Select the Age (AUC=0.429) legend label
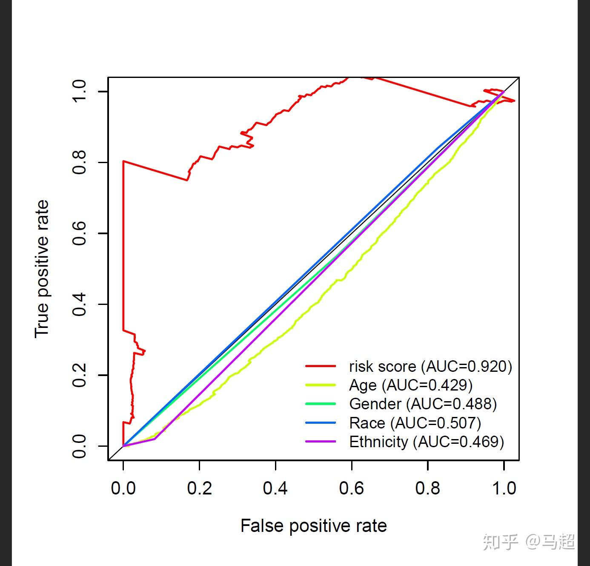coord(411,385)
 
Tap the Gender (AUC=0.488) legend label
coord(423,404)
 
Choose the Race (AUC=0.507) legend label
coord(415,423)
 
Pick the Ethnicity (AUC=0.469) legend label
coord(427,442)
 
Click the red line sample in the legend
coord(321,366)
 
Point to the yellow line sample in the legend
coord(321,385)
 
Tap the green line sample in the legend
coord(321,404)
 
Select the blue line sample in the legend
coord(321,422)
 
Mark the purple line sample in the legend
coord(321,441)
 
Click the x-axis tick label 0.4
coord(275,488)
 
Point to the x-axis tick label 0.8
coord(427,488)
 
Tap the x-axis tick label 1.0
coord(504,488)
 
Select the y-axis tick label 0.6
coord(79,233)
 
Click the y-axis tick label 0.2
coord(79,375)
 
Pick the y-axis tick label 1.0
coord(79,91)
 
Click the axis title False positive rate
coord(314,526)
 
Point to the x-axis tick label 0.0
coord(123,488)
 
